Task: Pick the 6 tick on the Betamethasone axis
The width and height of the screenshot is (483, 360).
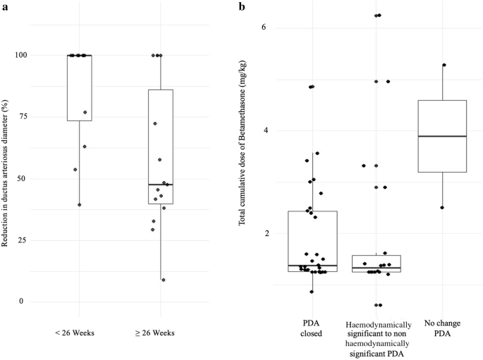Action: pos(264,27)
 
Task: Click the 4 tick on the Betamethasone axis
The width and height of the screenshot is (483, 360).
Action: pos(264,130)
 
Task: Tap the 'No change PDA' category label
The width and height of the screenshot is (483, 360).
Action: pos(443,329)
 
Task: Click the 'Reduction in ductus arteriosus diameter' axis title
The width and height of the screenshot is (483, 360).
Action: pos(6,178)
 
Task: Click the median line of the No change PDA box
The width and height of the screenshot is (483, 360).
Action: pos(443,136)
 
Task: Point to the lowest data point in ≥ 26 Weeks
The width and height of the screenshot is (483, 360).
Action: pos(164,280)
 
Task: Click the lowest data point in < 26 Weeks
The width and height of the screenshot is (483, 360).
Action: pos(79,205)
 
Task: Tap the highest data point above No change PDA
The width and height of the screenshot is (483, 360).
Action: pos(444,65)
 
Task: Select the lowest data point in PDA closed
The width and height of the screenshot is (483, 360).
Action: pos(312,292)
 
